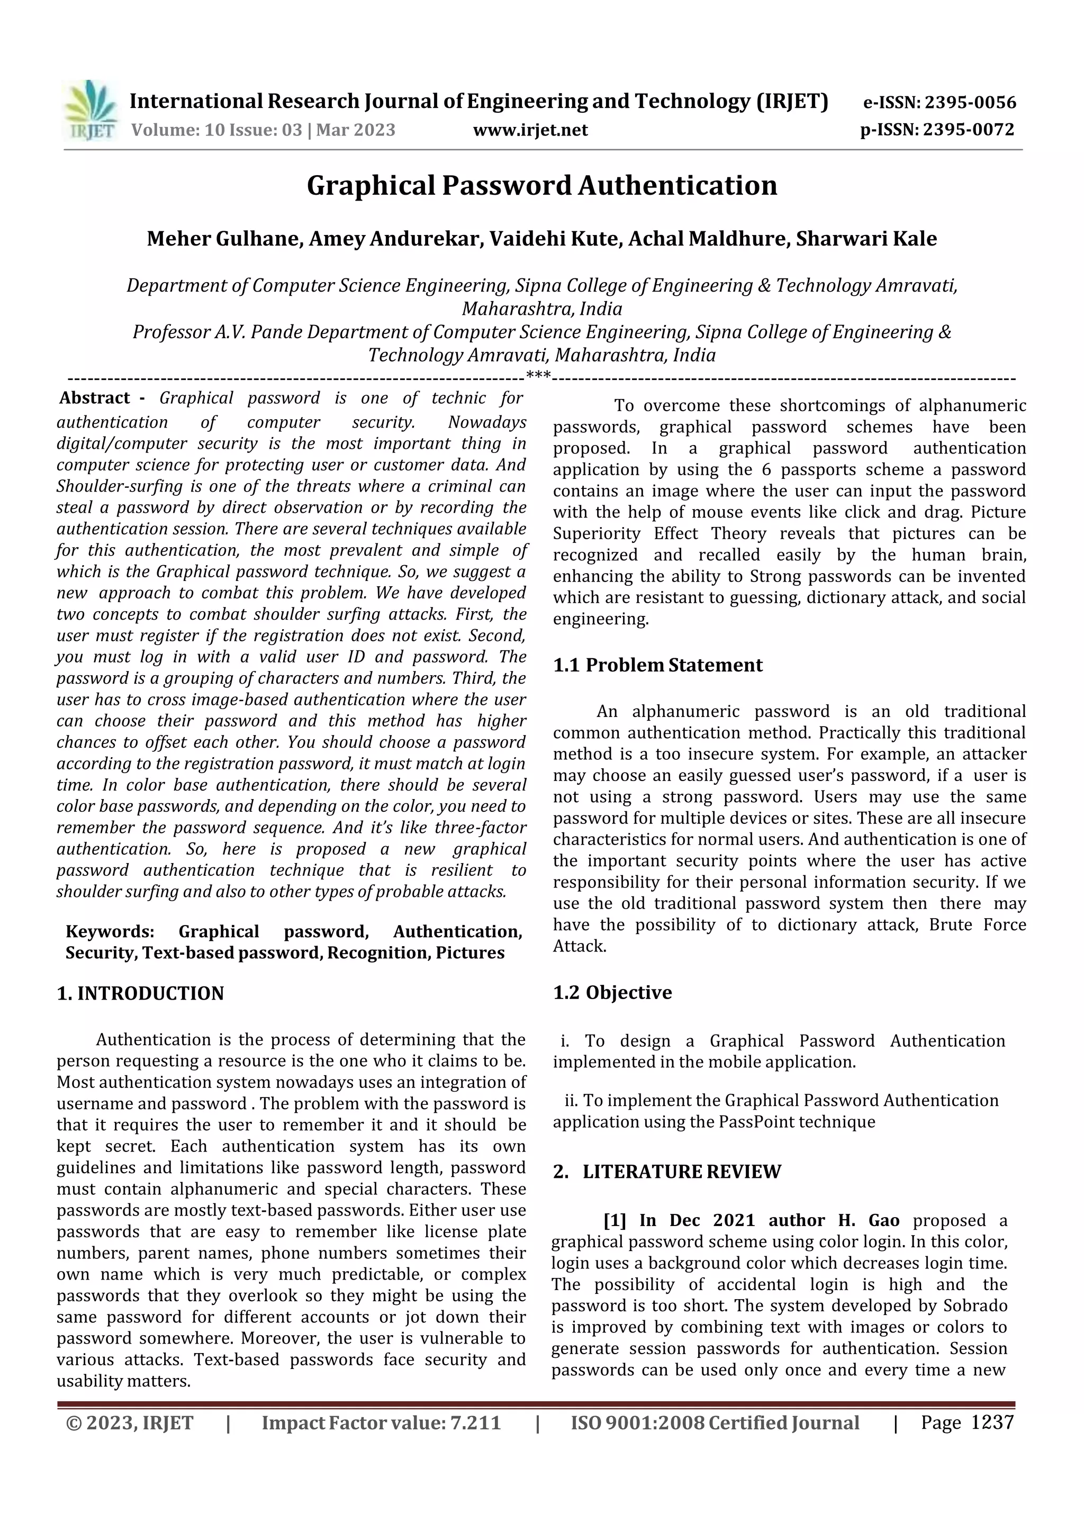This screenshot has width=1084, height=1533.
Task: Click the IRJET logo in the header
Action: point(92,111)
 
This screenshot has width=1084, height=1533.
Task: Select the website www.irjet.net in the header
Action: point(530,130)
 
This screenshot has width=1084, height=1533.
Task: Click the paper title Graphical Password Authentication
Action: point(541,186)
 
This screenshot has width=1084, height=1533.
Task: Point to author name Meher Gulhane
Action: point(223,239)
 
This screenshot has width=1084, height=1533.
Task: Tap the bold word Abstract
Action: point(94,398)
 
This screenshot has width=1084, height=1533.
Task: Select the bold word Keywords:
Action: point(110,931)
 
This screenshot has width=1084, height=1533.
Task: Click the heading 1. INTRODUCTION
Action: point(140,993)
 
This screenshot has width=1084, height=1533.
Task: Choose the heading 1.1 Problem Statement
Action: point(657,665)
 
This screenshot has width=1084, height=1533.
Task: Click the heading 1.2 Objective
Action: point(612,992)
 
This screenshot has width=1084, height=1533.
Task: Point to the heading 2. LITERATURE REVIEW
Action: point(666,1172)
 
